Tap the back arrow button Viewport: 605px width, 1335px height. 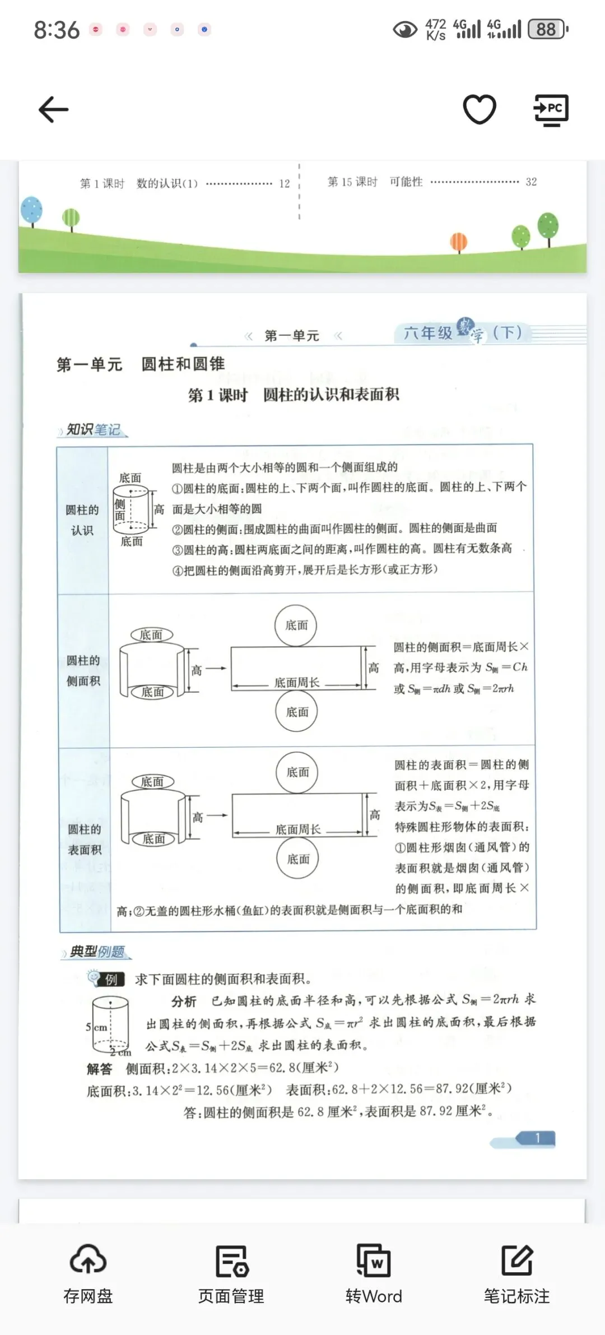click(x=53, y=109)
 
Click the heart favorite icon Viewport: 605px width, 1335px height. click(x=480, y=109)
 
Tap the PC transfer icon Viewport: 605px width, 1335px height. click(x=551, y=110)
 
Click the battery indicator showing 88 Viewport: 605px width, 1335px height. click(x=547, y=29)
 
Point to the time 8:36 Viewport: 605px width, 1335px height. click(x=57, y=30)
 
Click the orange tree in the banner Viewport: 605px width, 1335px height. click(x=459, y=243)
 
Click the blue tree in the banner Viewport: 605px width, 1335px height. click(x=31, y=210)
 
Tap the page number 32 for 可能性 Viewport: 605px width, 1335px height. click(x=531, y=182)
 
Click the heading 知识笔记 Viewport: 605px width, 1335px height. click(x=93, y=430)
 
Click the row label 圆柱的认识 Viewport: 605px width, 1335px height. click(x=82, y=520)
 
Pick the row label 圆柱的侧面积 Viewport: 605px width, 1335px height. click(x=83, y=670)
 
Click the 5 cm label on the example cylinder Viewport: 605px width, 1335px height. click(x=96, y=1027)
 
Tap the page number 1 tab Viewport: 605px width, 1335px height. click(x=537, y=1138)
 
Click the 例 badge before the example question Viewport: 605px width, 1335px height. click(x=111, y=979)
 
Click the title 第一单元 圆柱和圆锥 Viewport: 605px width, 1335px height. click(x=141, y=364)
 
